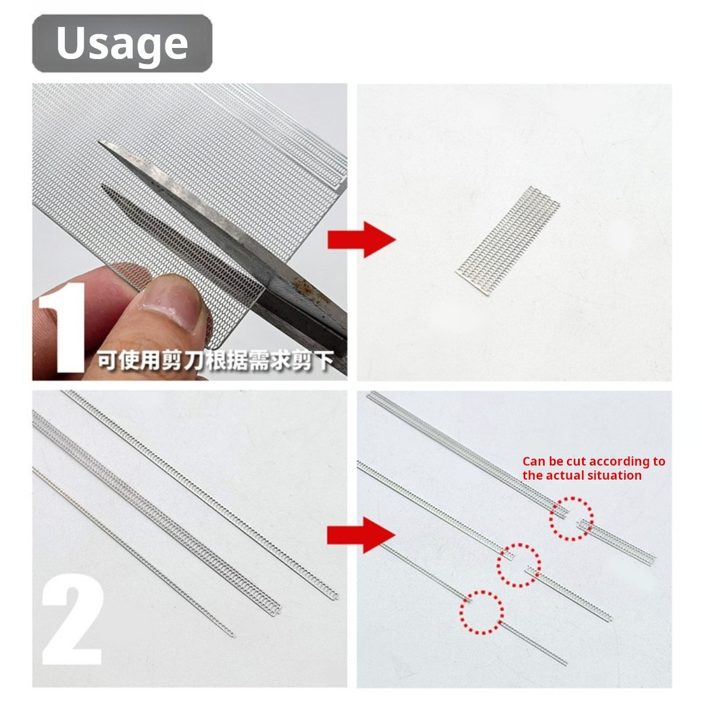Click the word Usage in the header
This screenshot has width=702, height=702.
(x=121, y=43)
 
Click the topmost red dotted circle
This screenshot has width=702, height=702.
(x=571, y=518)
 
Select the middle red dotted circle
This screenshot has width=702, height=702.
(x=518, y=565)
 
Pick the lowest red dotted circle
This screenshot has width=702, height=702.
(x=481, y=612)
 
